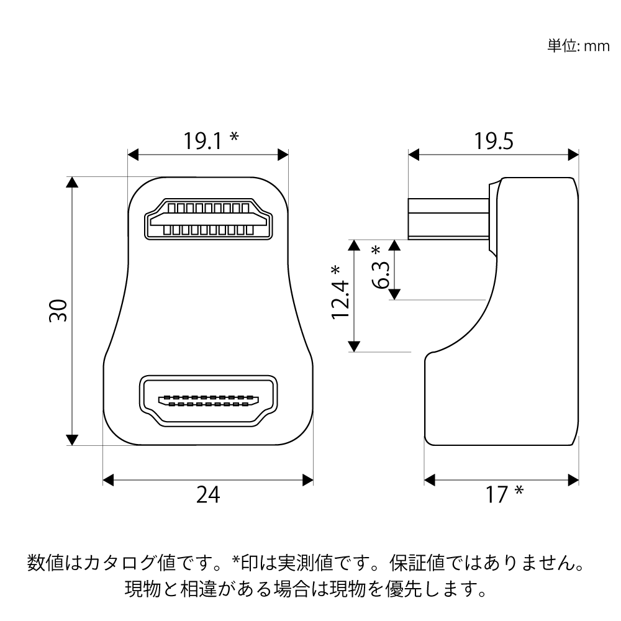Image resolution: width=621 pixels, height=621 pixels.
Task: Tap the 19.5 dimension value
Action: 494,141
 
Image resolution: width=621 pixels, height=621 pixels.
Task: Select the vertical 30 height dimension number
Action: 58,311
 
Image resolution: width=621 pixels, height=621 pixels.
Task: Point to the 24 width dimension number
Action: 208,495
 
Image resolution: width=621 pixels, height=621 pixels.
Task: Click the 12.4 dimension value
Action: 340,299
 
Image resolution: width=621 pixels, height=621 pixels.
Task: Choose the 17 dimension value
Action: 497,495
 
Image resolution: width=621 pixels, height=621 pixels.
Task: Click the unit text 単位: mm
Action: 579,46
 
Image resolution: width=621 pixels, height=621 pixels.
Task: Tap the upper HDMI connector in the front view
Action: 208,219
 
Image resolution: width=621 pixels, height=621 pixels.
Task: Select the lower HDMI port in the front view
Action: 208,401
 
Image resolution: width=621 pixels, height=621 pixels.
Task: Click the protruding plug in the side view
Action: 449,219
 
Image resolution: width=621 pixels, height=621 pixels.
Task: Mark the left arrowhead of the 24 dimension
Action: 108,480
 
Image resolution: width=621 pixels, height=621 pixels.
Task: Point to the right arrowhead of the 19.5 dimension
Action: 573,155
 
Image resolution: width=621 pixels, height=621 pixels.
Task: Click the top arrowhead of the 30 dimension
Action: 71,182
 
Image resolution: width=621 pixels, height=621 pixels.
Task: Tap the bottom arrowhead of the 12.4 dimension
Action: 354,346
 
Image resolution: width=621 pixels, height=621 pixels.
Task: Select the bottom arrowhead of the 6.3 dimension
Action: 394,294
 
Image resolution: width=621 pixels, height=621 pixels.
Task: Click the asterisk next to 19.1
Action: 234,137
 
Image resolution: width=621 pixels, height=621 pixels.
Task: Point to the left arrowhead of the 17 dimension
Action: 430,480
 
